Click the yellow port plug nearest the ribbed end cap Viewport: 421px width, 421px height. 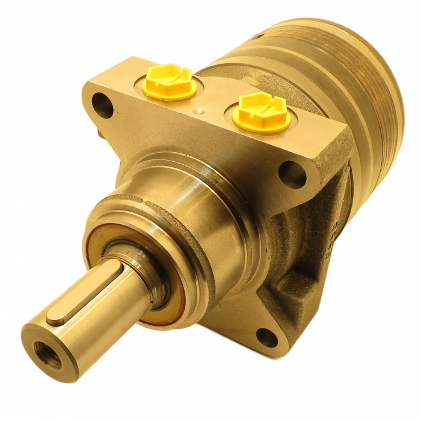tap(261, 113)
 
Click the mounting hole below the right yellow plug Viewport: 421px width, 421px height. tap(295, 173)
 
